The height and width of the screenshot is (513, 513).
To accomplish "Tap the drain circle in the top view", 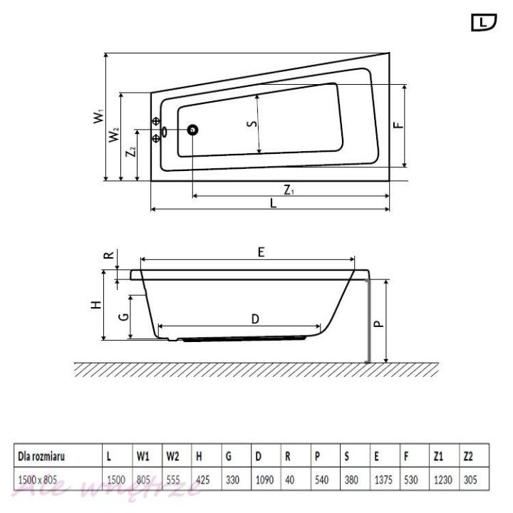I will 192,130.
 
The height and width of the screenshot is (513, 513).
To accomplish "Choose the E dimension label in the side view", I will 261,252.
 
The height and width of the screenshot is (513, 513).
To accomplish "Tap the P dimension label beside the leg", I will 378,322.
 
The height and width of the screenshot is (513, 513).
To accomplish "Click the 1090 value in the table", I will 265,480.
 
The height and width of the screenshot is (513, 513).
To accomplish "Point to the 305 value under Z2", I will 470,480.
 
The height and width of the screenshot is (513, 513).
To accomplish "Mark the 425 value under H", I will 202,480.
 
